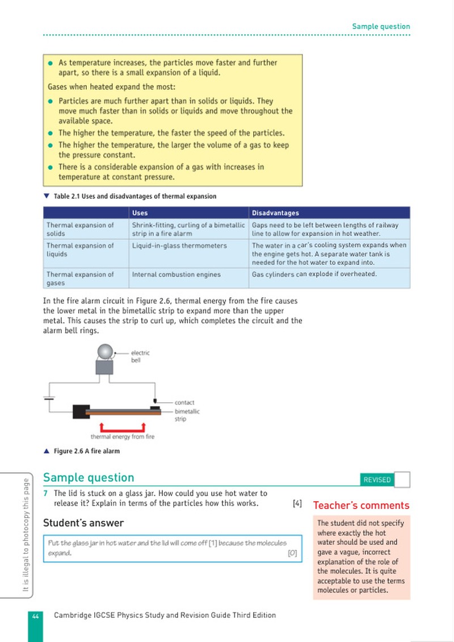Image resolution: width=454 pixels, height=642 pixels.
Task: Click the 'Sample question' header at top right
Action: (x=381, y=27)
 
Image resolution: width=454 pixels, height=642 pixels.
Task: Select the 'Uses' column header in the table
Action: (x=140, y=213)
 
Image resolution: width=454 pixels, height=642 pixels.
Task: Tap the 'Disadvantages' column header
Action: (x=275, y=213)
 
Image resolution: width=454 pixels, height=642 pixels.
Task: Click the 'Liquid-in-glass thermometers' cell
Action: (x=179, y=245)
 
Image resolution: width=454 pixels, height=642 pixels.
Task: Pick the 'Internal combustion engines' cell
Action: (x=176, y=274)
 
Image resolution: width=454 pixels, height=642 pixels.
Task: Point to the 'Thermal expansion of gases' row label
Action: (x=80, y=278)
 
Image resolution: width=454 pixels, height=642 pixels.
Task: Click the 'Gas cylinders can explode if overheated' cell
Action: (x=314, y=274)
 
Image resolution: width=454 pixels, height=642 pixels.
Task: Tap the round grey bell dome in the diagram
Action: (x=105, y=352)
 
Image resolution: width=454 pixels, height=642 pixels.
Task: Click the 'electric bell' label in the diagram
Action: (x=140, y=357)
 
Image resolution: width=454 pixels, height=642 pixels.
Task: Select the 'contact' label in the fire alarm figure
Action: (x=184, y=402)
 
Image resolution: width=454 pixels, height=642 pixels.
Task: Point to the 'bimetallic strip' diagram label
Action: (x=187, y=415)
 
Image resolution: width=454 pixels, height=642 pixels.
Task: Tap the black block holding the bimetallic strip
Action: (x=81, y=411)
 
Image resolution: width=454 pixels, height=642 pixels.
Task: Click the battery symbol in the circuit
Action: (x=49, y=398)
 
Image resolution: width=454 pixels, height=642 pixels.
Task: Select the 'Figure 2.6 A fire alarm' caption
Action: (x=87, y=451)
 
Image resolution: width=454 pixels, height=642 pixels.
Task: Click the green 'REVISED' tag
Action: (x=377, y=480)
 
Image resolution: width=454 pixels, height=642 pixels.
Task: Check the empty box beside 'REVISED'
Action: (x=402, y=480)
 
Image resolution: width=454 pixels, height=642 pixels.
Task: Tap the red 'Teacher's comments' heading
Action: (x=361, y=506)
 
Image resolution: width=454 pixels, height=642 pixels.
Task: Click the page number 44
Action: (x=36, y=616)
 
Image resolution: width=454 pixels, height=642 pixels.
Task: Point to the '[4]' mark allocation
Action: (x=297, y=503)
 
